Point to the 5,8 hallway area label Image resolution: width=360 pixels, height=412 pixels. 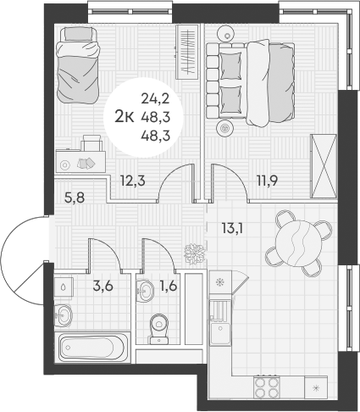pyautogui.click(x=75, y=198)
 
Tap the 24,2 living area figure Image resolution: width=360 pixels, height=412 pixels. pyautogui.click(x=156, y=98)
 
